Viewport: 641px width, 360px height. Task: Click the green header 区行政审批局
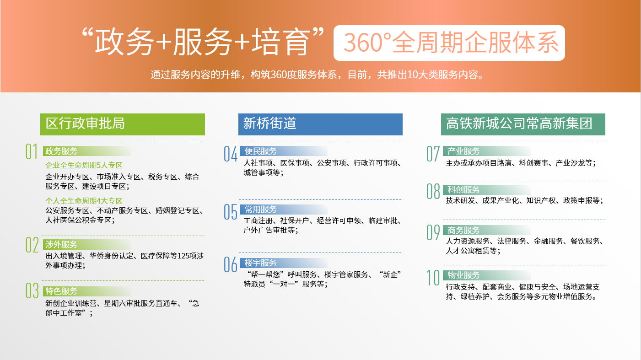123,124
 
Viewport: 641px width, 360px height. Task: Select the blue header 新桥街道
320,124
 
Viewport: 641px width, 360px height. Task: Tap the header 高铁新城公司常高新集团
523,124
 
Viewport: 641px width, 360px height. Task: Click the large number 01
32,151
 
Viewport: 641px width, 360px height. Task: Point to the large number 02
32,245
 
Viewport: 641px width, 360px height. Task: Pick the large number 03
32,291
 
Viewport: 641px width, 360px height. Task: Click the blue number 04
230,154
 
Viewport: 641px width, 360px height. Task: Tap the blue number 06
230,264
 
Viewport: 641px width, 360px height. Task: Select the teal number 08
433,191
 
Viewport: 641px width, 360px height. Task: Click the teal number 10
433,278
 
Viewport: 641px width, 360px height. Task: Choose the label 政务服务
61,151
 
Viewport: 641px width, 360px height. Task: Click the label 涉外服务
61,244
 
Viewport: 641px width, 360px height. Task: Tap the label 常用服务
260,210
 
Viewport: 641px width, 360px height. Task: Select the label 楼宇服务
260,263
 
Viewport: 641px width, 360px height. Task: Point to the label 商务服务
463,230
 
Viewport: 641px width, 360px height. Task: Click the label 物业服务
463,275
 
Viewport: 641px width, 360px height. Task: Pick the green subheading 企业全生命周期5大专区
84,165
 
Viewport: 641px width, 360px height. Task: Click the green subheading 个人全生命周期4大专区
84,201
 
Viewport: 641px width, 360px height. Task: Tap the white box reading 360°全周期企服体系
449,43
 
